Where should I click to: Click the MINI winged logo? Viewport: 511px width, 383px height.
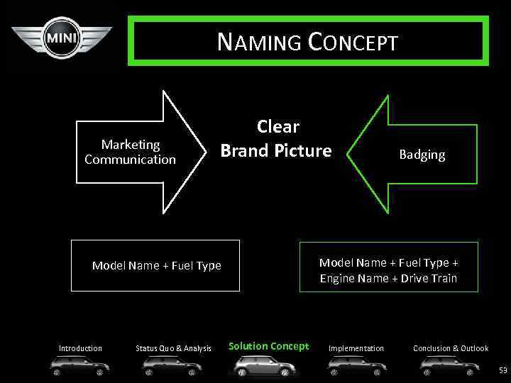tap(62, 38)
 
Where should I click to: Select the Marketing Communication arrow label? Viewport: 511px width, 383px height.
tap(130, 152)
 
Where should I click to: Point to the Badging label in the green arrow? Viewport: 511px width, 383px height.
tap(422, 155)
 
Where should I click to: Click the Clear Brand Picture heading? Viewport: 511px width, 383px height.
tap(276, 139)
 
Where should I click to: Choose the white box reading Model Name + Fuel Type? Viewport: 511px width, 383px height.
tap(156, 266)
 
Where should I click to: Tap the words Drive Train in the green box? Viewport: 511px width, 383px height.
tap(429, 278)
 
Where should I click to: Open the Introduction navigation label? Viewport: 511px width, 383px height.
tap(80, 348)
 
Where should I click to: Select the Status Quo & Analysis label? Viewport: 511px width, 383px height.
tap(173, 348)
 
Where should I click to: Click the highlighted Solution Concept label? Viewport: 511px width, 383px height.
tap(268, 346)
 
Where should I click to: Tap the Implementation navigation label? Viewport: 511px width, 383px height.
tap(356, 348)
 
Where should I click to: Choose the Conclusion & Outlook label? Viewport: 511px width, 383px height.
tap(451, 348)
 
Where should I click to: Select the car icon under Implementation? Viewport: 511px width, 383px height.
tap(357, 366)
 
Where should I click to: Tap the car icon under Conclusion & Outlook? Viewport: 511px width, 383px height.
tap(449, 366)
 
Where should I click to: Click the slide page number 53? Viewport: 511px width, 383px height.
tap(503, 370)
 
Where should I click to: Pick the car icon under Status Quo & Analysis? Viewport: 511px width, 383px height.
tap(172, 366)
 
